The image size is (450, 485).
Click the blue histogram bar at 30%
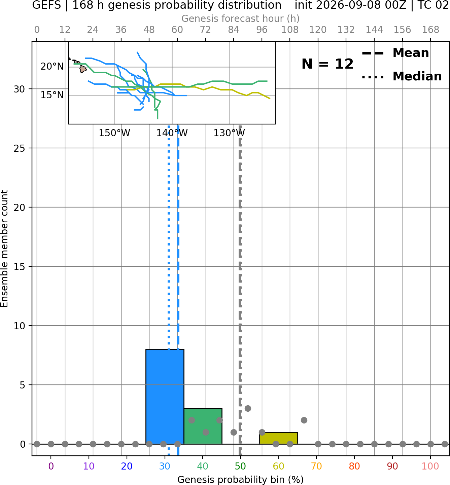pos(165,397)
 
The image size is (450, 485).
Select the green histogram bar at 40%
pos(203,426)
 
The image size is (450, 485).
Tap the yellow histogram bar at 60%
pos(279,438)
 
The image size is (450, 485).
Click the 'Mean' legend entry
pos(411,53)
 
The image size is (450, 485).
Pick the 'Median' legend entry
pos(417,76)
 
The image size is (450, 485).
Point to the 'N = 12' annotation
pos(327,64)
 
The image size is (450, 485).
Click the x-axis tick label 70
pos(316,467)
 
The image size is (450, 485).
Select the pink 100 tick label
pos(430,467)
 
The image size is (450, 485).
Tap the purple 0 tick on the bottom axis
pos(51,467)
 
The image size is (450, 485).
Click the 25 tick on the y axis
pos(19,148)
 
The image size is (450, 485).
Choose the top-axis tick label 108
pos(290,30)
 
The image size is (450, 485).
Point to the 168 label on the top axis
pos(430,30)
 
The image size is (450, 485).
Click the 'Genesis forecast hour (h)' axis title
pos(241,18)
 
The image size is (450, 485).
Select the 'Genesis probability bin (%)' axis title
pos(241,480)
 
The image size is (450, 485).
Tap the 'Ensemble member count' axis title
pos(4,249)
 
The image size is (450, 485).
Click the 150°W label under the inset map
pos(114,133)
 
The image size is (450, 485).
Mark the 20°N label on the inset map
pos(52,66)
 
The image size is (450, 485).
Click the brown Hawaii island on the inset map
pos(83,69)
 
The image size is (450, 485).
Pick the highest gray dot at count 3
pos(248,409)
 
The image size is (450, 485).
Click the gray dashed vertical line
pos(240,291)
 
